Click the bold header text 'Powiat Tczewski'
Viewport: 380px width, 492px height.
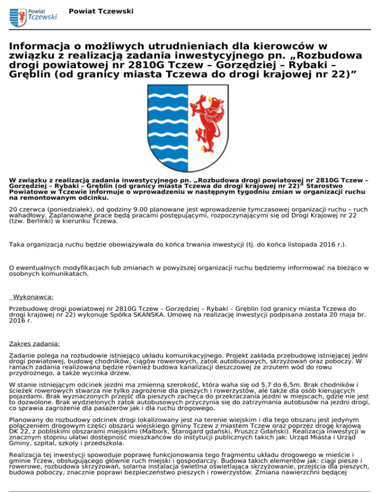coord(101,11)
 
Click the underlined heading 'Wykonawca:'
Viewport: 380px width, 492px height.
coord(34,297)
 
